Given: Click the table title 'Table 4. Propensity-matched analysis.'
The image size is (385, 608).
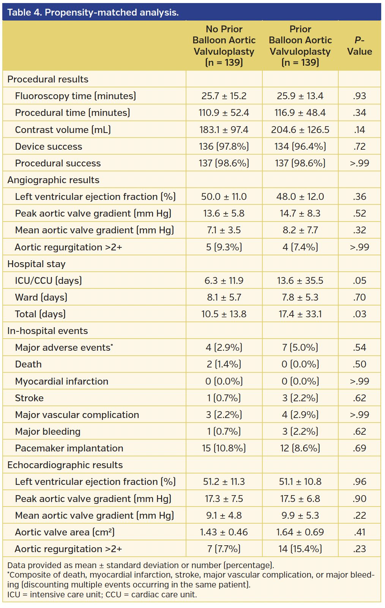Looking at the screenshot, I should [93, 13].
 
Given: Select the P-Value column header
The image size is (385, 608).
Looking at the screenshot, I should [359, 46].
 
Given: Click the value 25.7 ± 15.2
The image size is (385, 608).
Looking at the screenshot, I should [224, 96].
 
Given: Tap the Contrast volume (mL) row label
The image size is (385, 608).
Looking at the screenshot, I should [63, 130].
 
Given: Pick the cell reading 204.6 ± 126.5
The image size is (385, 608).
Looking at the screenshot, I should [300, 130].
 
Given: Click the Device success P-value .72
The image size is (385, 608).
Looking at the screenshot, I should [359, 147].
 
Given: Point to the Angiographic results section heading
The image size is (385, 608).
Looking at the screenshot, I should [54, 180].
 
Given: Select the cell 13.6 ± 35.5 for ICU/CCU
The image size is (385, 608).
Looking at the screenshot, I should [300, 281].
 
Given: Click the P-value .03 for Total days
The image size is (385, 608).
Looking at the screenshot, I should [359, 314].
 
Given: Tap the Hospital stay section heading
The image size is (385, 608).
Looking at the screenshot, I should [36, 264].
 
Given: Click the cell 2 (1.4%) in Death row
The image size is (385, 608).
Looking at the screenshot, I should [224, 364].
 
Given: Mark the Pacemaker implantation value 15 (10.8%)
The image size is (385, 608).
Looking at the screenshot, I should [224, 448].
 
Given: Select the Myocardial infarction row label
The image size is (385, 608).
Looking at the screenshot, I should [62, 382].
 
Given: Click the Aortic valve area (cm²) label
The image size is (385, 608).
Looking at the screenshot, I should [65, 532].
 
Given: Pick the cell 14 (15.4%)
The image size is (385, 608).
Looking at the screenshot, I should [300, 549].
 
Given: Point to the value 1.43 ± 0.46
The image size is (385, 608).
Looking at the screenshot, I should [224, 532].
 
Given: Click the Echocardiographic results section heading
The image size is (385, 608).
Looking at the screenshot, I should [65, 465].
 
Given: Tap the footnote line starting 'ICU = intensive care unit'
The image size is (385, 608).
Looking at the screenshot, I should [102, 595].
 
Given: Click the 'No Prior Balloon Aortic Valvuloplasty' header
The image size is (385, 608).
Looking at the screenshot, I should [224, 46].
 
